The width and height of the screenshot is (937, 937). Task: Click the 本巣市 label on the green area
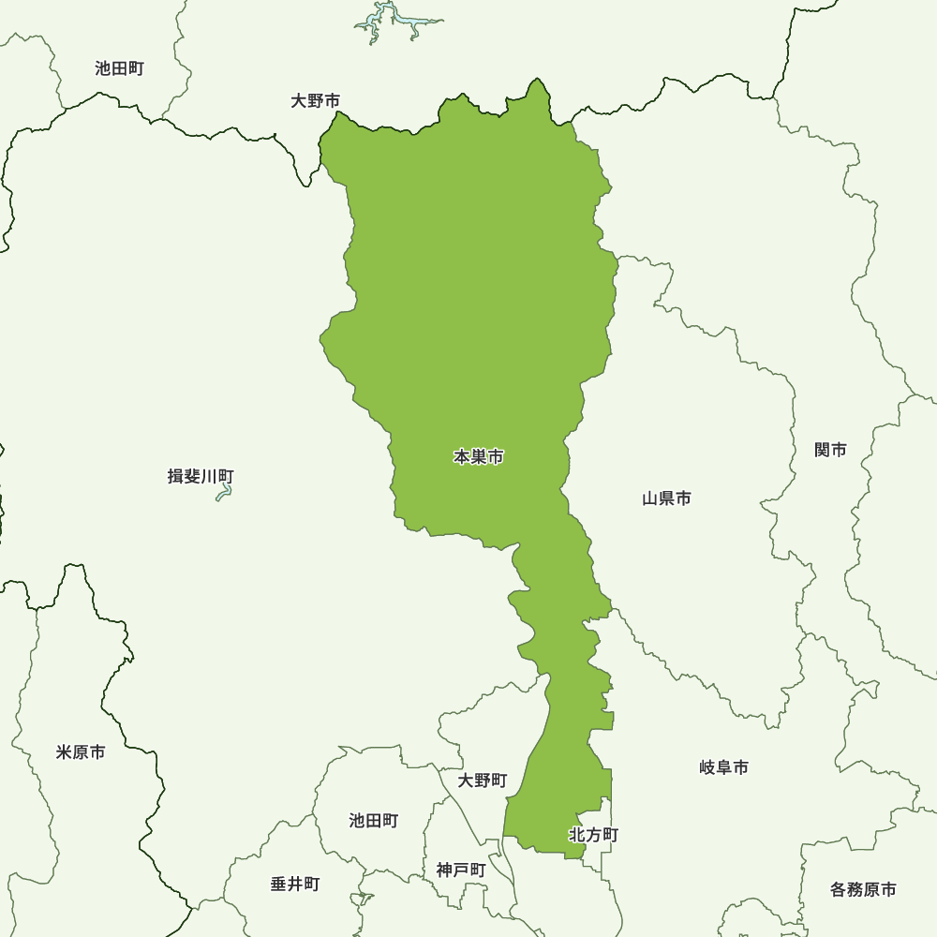479,457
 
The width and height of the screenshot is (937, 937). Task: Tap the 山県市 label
666,498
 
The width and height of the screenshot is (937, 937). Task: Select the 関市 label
830,451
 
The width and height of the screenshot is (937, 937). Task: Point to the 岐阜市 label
724,768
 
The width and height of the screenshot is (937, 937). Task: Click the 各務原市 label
863,889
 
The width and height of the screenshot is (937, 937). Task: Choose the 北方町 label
593,835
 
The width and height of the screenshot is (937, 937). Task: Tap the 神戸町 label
461,870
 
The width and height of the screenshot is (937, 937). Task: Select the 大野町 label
483,781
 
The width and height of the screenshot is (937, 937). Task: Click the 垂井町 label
295,884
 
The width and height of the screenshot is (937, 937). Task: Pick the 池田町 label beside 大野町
374,821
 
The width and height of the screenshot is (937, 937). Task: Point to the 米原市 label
81,752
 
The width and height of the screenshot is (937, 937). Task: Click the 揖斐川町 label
201,477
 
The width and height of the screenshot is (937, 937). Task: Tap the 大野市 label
315,100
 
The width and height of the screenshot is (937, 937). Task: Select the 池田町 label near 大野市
119,68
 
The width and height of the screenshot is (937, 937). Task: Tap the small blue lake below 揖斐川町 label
224,493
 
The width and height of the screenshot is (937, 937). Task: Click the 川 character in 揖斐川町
209,477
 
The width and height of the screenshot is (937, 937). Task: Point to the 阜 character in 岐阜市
724,768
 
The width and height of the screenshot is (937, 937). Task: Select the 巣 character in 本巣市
479,457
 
